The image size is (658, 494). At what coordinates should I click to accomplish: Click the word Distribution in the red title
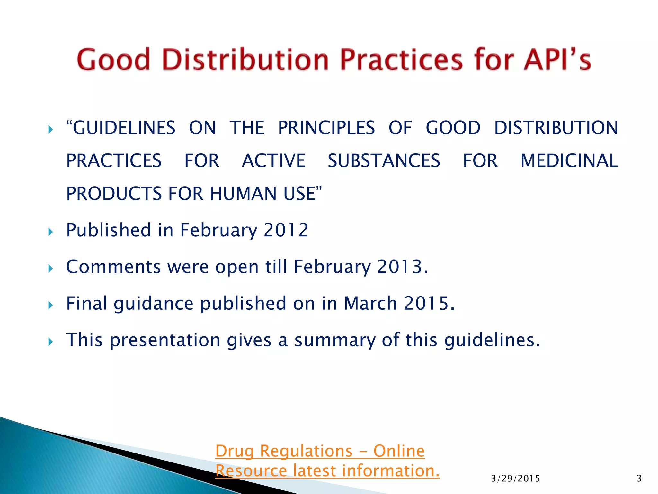[x=245, y=60]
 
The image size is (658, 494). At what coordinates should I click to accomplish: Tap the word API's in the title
[x=557, y=60]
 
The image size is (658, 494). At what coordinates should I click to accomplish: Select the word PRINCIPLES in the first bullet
[x=326, y=128]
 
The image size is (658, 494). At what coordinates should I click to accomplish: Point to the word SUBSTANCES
[x=384, y=161]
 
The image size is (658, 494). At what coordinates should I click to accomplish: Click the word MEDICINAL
[x=569, y=161]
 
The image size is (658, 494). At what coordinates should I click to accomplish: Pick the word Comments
[x=113, y=267]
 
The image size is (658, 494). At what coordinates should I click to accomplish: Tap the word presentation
[x=165, y=340]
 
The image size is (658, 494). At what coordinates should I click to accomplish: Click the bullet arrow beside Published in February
[x=50, y=232]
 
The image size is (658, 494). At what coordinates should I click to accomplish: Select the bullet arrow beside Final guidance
[x=50, y=305]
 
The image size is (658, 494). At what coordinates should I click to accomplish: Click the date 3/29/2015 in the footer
[x=515, y=479]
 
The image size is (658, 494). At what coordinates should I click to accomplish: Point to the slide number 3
[x=639, y=479]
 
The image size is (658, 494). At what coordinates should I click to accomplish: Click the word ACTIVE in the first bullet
[x=273, y=161]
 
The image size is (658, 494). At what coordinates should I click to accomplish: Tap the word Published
[x=108, y=230]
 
